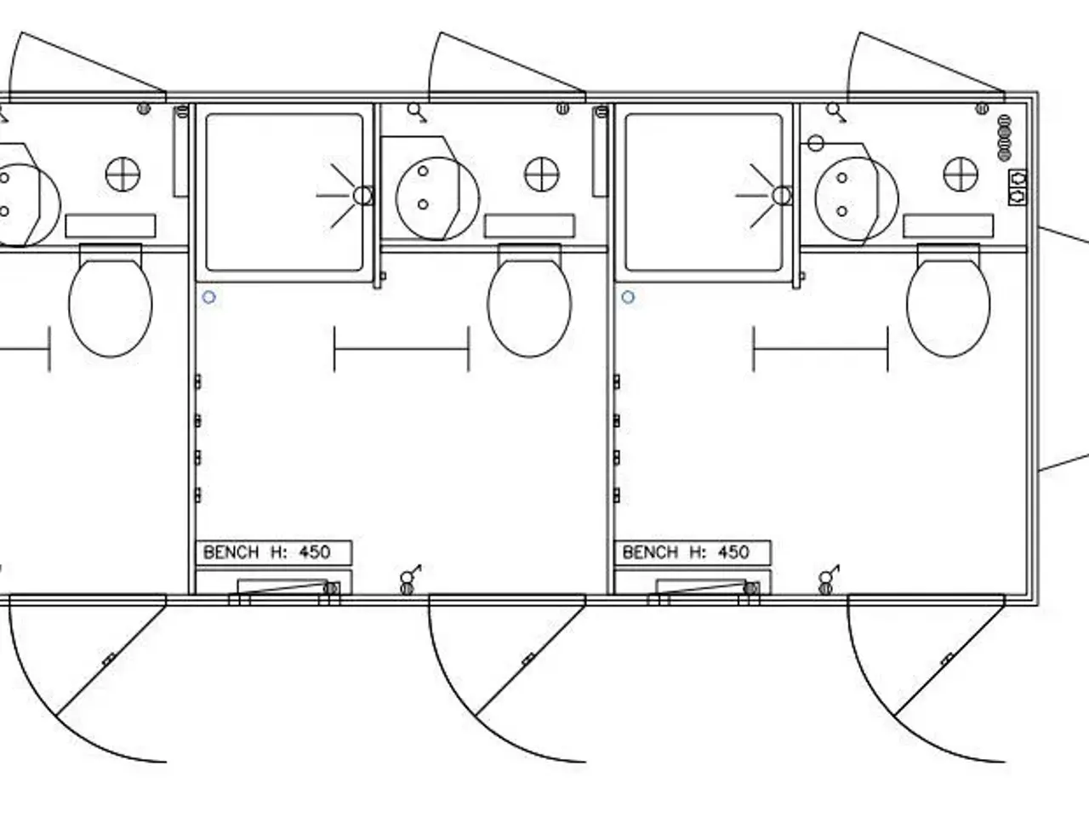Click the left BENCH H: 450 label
pyautogui.click(x=267, y=552)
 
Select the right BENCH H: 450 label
pyautogui.click(x=686, y=552)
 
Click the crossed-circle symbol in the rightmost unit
pyautogui.click(x=961, y=174)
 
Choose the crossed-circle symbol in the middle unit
pyautogui.click(x=542, y=174)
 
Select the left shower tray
pyautogui.click(x=284, y=192)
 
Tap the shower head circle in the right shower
pyautogui.click(x=782, y=196)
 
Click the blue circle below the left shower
pyautogui.click(x=209, y=297)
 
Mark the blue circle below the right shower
pyautogui.click(x=628, y=297)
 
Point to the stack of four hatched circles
pyautogui.click(x=1004, y=138)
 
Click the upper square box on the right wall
pyautogui.click(x=1018, y=178)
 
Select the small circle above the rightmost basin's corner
pyautogui.click(x=816, y=143)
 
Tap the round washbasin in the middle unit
pyautogui.click(x=437, y=198)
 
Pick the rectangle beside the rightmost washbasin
pyautogui.click(x=948, y=226)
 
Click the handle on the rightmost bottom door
pyautogui.click(x=947, y=660)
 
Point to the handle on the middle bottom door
pyautogui.click(x=527, y=660)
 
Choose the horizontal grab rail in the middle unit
pyautogui.click(x=402, y=349)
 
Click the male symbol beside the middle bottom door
pyautogui.click(x=410, y=574)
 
